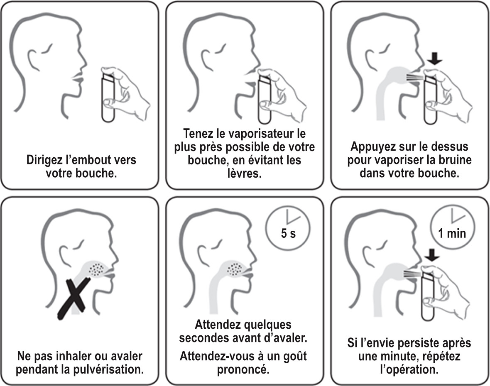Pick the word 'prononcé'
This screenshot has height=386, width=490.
click(244, 369)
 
